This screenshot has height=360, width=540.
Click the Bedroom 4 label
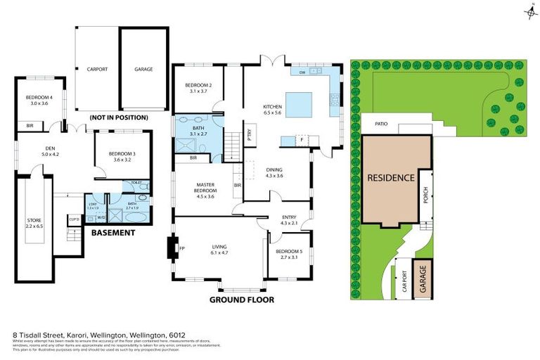(x=38, y=99)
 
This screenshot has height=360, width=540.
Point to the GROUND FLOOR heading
(x=241, y=299)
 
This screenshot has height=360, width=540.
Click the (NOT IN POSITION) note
(x=119, y=117)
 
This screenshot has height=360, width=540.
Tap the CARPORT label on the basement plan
(x=96, y=69)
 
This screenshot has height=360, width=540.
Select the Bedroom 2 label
(x=199, y=88)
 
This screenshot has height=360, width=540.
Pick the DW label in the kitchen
(x=302, y=72)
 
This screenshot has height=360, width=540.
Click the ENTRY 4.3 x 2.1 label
(x=289, y=220)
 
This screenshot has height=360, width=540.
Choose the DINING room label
(x=274, y=172)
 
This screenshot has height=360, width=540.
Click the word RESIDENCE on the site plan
(x=391, y=177)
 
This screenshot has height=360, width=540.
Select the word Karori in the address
(x=79, y=335)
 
